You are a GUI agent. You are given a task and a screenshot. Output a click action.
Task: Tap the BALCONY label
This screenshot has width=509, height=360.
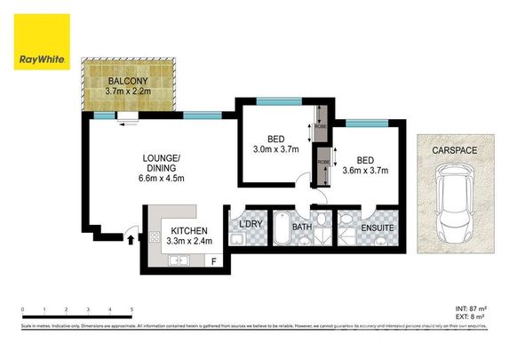pyautogui.click(x=129, y=78)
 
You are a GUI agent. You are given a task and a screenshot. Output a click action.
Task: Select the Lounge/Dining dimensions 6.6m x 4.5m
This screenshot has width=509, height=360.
pyautogui.click(x=162, y=177)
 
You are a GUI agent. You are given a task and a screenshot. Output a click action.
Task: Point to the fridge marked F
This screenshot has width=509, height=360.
pyautogui.click(x=213, y=260)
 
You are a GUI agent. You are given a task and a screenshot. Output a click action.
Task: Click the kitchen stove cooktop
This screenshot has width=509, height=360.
pyautogui.click(x=154, y=238)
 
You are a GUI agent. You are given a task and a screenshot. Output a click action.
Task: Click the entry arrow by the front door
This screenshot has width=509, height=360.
pyautogui.click(x=131, y=237)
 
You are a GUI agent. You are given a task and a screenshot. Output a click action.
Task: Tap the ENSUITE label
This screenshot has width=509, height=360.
pyautogui.click(x=377, y=228)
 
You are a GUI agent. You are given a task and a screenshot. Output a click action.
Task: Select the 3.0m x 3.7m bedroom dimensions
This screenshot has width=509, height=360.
pyautogui.click(x=276, y=150)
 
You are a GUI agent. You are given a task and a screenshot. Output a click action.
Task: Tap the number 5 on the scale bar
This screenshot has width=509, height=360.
pyautogui.click(x=132, y=309)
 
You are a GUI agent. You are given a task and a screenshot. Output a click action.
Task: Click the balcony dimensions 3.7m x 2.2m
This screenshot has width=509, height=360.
pyautogui.click(x=129, y=90)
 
